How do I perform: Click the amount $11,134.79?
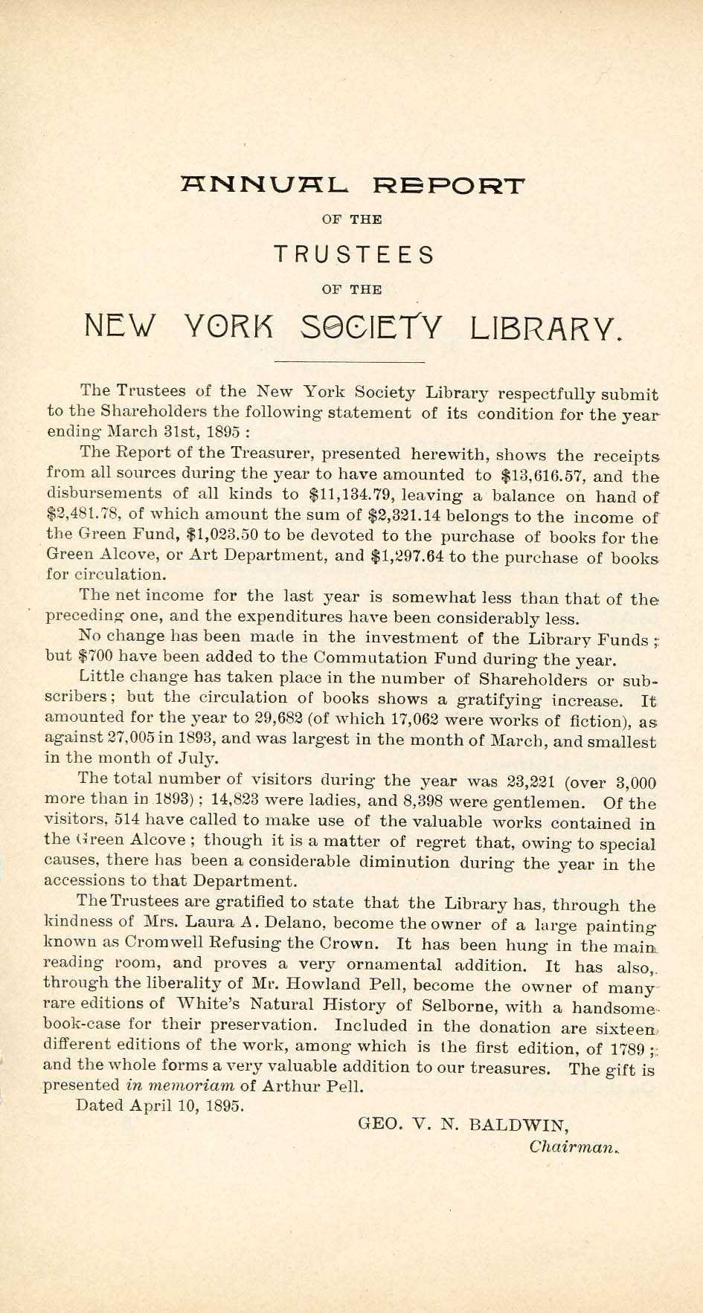[x=349, y=494]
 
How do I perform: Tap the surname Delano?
[x=300, y=925]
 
